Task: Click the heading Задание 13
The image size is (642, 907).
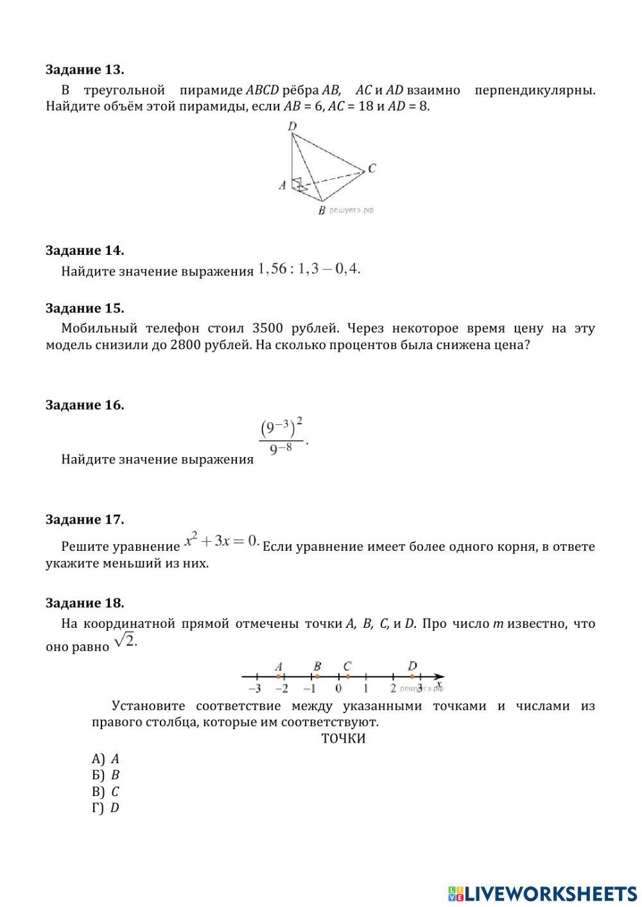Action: [x=85, y=69]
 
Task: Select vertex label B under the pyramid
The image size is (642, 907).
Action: [x=322, y=211]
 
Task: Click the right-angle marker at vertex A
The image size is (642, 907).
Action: [x=297, y=184]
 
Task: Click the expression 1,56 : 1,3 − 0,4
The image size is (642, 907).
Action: [x=309, y=270]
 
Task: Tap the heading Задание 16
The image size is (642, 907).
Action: [x=85, y=405]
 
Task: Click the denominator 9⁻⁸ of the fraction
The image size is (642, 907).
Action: [x=281, y=449]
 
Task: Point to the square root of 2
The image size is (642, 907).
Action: [x=125, y=641]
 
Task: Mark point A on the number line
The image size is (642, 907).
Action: [x=278, y=676]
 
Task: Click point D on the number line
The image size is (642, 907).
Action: [x=412, y=676]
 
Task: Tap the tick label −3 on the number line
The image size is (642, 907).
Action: [x=254, y=689]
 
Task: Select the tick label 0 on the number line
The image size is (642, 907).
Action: [x=338, y=689]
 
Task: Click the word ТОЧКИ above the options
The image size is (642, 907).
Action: [x=343, y=739]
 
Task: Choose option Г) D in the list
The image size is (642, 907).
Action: [x=106, y=808]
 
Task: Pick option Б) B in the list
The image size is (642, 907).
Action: [x=106, y=775]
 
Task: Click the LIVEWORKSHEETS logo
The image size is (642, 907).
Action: [x=542, y=893]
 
